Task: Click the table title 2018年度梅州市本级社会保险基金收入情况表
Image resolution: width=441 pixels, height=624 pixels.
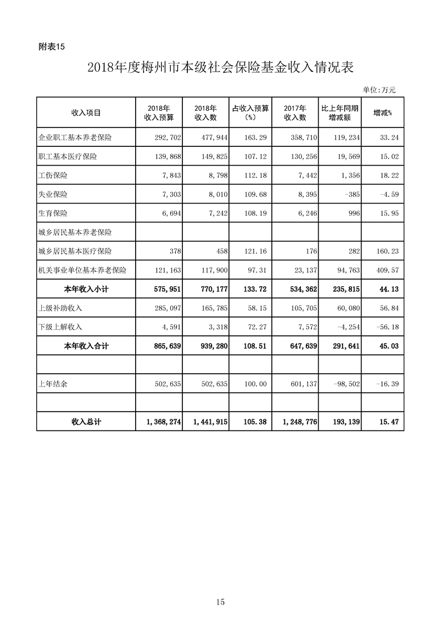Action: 220,68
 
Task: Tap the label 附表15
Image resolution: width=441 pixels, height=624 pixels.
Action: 52,47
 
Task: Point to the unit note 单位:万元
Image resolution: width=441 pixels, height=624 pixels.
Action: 379,89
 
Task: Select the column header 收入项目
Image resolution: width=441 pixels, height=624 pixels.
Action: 86,112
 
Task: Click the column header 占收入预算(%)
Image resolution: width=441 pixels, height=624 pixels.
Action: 250,112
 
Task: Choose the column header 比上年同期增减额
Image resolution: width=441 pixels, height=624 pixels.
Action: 340,112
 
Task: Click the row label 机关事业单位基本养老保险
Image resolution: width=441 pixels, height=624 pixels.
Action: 82,270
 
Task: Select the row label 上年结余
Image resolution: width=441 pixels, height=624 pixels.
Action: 52,384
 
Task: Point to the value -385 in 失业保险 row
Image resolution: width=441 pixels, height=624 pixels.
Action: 349,194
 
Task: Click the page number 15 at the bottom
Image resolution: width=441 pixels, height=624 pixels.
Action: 220,602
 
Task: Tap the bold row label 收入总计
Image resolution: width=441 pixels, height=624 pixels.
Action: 86,422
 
